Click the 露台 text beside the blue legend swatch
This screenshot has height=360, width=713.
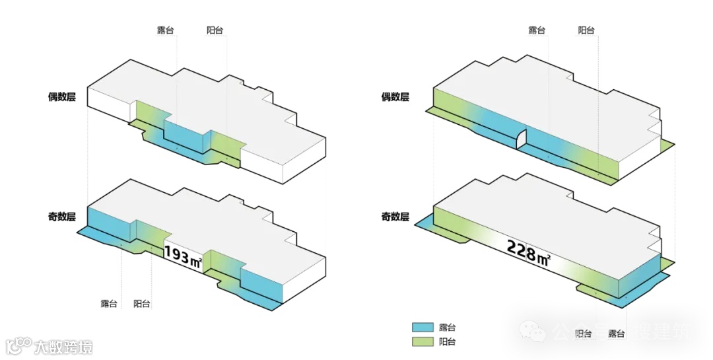click(x=447, y=328)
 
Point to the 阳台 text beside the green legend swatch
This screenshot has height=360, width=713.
click(x=447, y=342)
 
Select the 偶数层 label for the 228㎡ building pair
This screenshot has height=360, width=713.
click(x=395, y=97)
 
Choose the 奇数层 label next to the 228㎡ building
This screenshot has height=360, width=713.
click(x=395, y=216)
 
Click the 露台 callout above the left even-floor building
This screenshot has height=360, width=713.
click(x=165, y=30)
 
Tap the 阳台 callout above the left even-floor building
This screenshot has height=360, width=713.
click(x=215, y=30)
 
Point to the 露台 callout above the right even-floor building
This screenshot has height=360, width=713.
click(x=537, y=30)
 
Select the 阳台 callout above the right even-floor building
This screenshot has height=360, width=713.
click(x=586, y=30)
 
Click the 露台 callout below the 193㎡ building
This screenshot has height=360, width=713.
click(x=109, y=304)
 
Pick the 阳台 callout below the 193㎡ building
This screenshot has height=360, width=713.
click(x=142, y=304)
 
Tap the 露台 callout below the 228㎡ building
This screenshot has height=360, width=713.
click(x=617, y=334)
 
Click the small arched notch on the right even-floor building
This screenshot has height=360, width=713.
click(x=521, y=139)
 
